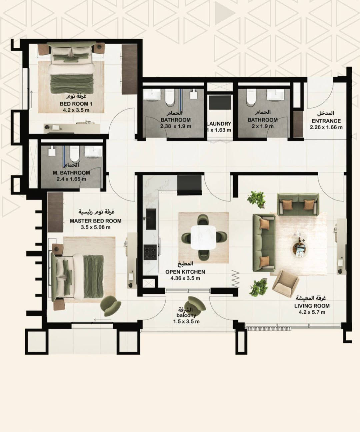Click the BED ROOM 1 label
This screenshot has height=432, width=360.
[x=76, y=104]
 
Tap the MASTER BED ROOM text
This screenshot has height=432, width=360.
[x=96, y=221]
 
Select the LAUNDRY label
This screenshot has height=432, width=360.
[x=219, y=124]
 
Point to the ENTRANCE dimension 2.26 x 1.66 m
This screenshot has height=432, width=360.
[x=326, y=127]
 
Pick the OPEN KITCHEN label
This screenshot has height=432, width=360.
[x=185, y=272]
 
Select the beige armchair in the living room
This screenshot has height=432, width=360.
[x=286, y=283]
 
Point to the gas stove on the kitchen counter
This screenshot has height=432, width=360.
[x=150, y=252]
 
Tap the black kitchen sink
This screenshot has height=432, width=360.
[x=151, y=219]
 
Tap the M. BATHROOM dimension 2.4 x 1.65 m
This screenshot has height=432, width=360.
[x=71, y=179]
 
